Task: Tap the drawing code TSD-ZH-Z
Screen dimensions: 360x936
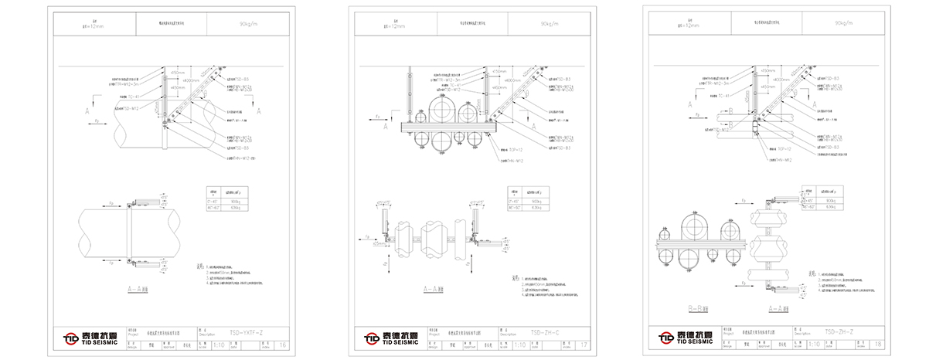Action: pos(839,332)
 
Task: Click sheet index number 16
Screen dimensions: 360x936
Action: pos(283,345)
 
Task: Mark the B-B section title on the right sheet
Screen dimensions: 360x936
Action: pos(699,307)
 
